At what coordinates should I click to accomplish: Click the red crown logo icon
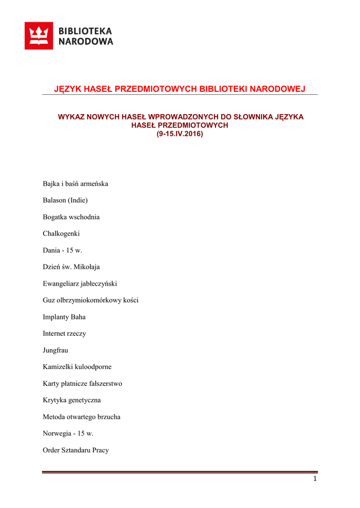coord(39,36)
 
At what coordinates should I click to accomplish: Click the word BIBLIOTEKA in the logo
coord(85,31)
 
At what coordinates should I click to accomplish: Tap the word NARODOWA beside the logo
coord(86,42)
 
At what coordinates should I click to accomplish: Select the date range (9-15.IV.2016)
coord(180,134)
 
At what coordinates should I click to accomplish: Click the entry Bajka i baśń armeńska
coord(75,184)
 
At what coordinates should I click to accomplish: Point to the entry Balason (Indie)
coord(65,200)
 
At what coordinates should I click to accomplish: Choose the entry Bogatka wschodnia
coord(71,217)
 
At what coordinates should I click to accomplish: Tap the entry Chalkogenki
coord(61,234)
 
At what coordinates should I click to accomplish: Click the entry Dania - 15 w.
coord(62,251)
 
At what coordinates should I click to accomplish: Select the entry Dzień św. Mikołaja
coord(71,267)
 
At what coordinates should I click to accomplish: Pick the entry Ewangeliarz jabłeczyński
coord(79,284)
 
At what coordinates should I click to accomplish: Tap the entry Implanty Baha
coord(64,317)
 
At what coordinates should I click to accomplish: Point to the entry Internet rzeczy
coord(64,333)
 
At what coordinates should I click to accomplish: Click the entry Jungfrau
coord(55,350)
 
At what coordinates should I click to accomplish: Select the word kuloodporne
coord(93,367)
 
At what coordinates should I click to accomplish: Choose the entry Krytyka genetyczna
coord(72,400)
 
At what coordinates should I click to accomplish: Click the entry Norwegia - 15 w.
coord(68,434)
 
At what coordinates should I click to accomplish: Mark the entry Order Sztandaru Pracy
coord(75,450)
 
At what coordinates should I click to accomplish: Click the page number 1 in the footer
coord(315,479)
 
